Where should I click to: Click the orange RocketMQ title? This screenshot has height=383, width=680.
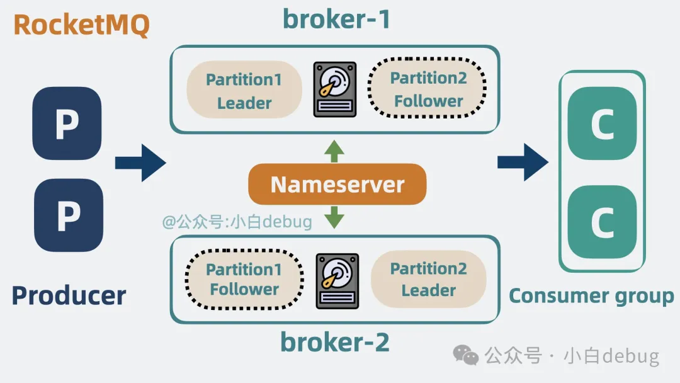81,26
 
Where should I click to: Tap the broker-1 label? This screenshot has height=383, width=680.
336,19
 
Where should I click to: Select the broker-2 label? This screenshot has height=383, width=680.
335,343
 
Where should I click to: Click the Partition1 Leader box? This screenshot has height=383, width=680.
244,90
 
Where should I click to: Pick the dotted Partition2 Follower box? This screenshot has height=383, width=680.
428,89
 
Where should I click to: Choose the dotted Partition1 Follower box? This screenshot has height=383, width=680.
244,280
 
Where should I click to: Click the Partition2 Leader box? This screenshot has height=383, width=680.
428,279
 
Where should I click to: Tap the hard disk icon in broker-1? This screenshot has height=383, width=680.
335,89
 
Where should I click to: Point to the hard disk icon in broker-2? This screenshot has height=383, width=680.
337,280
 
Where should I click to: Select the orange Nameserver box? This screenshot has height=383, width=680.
337,185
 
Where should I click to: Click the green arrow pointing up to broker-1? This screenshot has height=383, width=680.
334,151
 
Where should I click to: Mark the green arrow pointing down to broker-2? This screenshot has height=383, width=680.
334,217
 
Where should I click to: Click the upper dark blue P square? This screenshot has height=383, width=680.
67,123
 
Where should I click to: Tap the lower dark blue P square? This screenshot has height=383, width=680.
68,215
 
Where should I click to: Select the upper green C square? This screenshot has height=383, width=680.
602,124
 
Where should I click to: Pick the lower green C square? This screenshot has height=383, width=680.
602,221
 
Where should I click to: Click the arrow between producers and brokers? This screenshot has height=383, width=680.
140,163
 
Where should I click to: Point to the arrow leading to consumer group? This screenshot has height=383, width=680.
523,162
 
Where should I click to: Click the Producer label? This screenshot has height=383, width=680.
69,295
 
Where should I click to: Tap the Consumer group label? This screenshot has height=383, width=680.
591,295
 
